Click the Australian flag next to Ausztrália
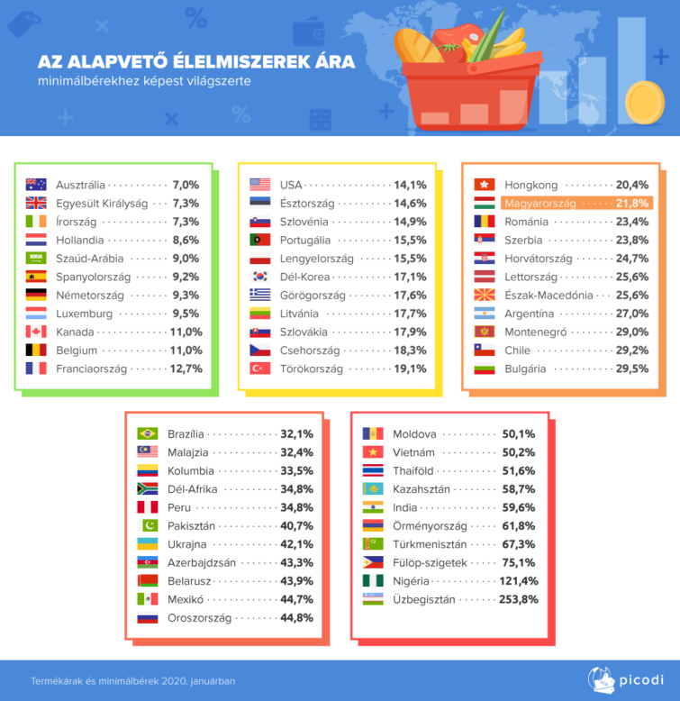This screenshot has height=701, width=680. [36, 185]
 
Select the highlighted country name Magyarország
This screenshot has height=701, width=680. [539, 204]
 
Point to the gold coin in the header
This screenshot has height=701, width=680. [645, 96]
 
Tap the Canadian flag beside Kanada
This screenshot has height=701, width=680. [36, 332]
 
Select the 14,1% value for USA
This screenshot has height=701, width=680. [410, 185]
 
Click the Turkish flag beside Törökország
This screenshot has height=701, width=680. [260, 369]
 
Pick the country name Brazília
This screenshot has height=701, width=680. [186, 433]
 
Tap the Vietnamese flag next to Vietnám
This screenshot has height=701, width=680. [373, 452]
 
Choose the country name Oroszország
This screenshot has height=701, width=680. [200, 618]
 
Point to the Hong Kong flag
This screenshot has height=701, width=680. [485, 185]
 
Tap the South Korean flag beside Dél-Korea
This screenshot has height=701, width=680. [260, 277]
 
